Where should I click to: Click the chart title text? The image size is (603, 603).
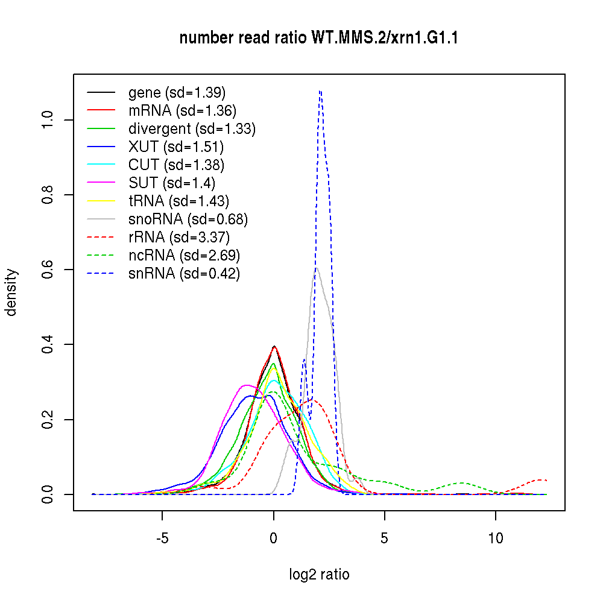[x=320, y=39]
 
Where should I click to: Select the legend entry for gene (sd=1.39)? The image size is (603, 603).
[x=177, y=93]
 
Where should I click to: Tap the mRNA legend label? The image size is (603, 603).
[x=182, y=111]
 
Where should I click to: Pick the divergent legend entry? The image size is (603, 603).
[x=192, y=129]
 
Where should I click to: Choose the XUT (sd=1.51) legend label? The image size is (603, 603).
[x=176, y=147]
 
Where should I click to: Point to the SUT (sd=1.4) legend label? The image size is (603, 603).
[x=172, y=183]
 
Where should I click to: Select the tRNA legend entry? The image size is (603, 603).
[x=178, y=201]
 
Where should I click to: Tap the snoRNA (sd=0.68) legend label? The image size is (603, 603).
[x=188, y=219]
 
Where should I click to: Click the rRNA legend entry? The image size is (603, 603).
[x=179, y=238]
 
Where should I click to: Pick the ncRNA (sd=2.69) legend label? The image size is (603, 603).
[x=184, y=256]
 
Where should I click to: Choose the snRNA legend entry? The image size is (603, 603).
[x=184, y=274]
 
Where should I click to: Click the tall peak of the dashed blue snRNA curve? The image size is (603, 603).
[x=320, y=91]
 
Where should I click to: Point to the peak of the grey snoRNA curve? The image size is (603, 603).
[x=316, y=269]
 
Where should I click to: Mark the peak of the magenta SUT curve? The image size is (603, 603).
[x=246, y=385]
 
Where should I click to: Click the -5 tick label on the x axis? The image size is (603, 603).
[x=162, y=538]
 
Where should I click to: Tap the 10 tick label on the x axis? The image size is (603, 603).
[x=496, y=538]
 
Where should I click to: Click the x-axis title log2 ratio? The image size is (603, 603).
[x=319, y=575]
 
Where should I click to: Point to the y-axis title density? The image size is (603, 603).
[x=11, y=292]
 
